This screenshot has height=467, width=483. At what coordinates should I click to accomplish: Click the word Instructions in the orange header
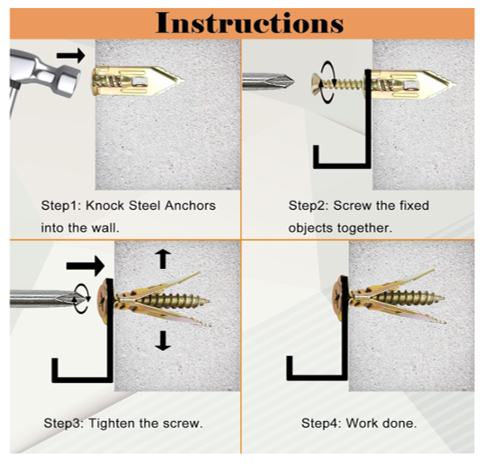[x=249, y=23]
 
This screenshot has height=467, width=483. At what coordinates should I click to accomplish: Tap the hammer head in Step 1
[x=45, y=73]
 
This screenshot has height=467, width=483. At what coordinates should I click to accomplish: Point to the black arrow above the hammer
[x=71, y=55]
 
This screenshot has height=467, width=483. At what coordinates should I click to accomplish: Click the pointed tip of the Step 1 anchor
[x=183, y=80]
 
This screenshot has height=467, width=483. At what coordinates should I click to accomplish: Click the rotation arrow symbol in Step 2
[x=328, y=82]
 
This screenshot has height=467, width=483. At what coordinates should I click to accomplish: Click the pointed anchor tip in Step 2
[x=455, y=84]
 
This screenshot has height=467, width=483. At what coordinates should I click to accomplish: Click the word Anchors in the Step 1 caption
[x=190, y=206]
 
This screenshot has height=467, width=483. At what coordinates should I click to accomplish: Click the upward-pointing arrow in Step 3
[x=163, y=259]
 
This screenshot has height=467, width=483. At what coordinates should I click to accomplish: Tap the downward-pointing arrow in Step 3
[x=163, y=340]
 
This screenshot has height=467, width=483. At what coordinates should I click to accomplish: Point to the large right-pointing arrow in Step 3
[x=85, y=266]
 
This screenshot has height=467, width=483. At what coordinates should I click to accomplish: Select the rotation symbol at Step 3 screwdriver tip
[x=81, y=298]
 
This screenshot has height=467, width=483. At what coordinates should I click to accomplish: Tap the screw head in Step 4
[x=339, y=298]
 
